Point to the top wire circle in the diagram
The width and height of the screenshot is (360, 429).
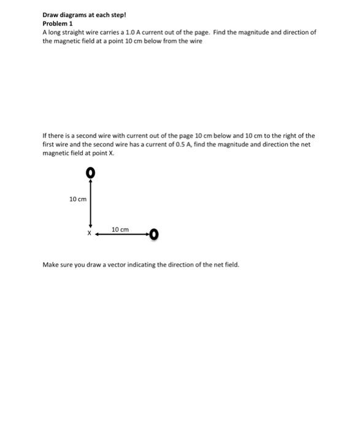[x=90, y=173]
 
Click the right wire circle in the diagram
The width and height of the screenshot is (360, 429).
[x=153, y=234]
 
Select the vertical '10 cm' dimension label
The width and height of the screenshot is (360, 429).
[x=78, y=200]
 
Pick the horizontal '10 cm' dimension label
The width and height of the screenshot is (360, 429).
[x=121, y=229]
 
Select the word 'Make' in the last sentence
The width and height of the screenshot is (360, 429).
[x=50, y=265]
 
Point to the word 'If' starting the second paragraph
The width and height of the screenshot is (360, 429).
[x=44, y=135]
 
